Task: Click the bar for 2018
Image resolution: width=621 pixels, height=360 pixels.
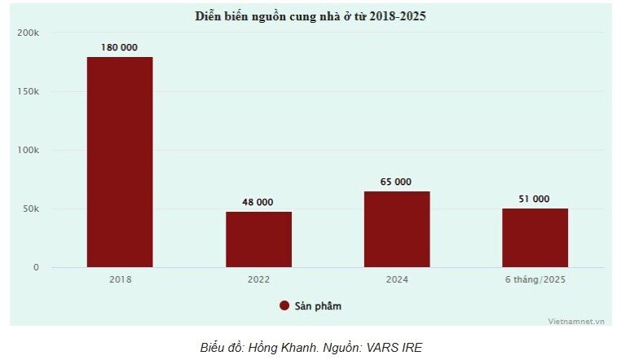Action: click(120, 162)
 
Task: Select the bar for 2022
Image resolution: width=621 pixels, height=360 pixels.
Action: click(258, 239)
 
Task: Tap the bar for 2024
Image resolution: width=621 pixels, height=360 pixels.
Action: click(397, 230)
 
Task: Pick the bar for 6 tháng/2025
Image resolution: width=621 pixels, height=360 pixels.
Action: click(535, 238)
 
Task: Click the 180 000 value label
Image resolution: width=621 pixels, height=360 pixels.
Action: click(120, 48)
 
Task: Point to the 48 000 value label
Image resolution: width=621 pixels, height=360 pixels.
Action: click(258, 202)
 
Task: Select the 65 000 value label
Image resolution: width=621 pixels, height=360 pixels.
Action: click(397, 182)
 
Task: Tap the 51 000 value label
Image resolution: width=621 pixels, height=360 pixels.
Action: click(535, 199)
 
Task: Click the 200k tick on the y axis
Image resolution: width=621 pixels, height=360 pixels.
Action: click(29, 33)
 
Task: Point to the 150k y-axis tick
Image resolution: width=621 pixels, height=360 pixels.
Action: click(29, 91)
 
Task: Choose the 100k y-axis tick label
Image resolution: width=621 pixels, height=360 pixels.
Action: click(29, 150)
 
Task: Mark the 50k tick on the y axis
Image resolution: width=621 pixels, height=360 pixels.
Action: click(30, 209)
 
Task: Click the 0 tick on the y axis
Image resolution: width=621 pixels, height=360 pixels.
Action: click(36, 267)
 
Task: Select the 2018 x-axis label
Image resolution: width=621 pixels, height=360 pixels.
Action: click(120, 279)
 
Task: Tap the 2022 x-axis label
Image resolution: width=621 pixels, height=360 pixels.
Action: click(258, 279)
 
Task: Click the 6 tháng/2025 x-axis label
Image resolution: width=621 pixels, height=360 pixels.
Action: click(535, 279)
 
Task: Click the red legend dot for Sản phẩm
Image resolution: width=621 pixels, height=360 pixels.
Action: click(284, 305)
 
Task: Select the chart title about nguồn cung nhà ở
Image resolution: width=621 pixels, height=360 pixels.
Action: click(310, 15)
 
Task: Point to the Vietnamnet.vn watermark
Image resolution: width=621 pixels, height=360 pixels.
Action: click(577, 320)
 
